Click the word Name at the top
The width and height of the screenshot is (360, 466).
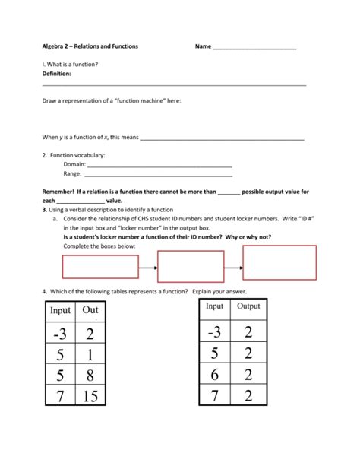(x=203, y=47)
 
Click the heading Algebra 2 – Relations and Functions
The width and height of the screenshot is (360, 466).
(x=90, y=47)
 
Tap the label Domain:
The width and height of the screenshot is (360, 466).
(x=74, y=164)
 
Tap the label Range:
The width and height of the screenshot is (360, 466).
(x=73, y=173)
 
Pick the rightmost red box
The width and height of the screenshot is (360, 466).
(x=279, y=263)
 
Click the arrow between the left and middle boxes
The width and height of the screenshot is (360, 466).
(x=148, y=267)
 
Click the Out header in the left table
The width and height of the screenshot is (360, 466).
(x=90, y=310)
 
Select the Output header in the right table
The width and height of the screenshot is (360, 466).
(x=248, y=306)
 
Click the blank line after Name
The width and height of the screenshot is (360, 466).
(x=254, y=48)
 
